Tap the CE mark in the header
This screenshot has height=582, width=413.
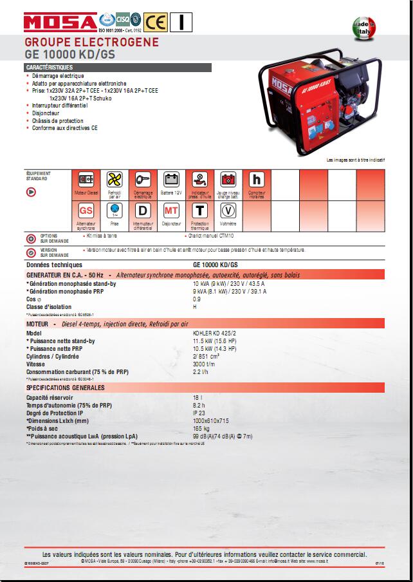[156, 21]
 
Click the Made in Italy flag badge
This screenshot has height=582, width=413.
[363, 30]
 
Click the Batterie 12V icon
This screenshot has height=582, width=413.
[171, 180]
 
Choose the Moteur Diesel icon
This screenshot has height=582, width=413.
[86, 180]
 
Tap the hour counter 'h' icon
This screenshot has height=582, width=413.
[256, 180]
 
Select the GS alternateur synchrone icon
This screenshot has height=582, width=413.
[86, 211]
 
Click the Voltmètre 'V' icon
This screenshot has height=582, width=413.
[228, 211]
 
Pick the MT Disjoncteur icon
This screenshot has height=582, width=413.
[171, 211]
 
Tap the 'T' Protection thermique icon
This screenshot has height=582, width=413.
[200, 211]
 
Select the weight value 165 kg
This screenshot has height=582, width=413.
[201, 428]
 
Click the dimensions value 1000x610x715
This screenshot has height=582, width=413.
[210, 420]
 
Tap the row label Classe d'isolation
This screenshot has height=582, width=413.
[49, 307]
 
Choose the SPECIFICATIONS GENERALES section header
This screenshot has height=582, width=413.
[65, 388]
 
